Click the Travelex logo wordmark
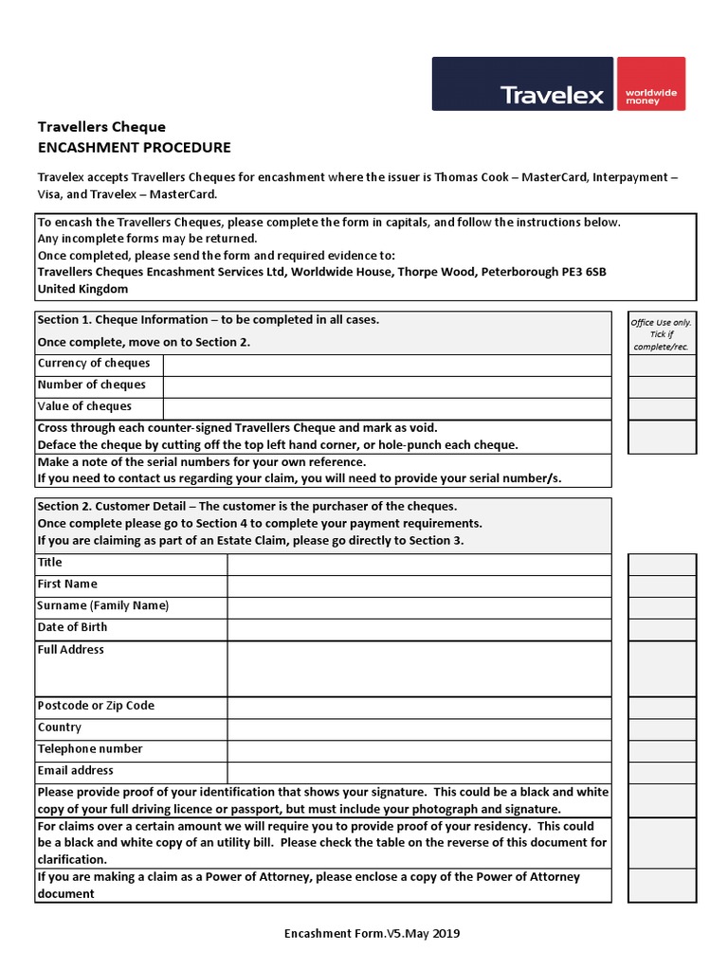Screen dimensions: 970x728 [x=552, y=95]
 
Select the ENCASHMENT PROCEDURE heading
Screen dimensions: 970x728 [x=134, y=148]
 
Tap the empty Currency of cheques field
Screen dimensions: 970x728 [x=387, y=365]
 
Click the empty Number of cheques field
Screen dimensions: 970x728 [x=387, y=386]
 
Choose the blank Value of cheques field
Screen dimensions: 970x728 [x=387, y=408]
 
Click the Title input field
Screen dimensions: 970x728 [x=419, y=564]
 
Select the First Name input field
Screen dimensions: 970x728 [x=419, y=585]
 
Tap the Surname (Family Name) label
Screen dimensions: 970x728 [x=102, y=606]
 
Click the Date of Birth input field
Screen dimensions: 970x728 [x=419, y=629]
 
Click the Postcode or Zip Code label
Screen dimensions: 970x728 [x=96, y=706]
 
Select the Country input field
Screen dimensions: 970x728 [x=419, y=729]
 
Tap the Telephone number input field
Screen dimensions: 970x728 [x=419, y=750]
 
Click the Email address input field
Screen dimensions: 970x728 [x=419, y=772]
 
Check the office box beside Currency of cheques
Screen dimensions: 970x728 [x=662, y=365]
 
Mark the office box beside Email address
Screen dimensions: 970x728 [x=662, y=772]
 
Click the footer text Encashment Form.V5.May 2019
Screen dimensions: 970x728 [x=373, y=934]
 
